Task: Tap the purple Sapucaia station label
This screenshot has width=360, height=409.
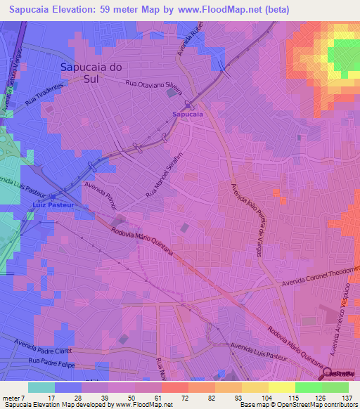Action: tap(188, 113)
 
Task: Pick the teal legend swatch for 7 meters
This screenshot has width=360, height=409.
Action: tap(41, 387)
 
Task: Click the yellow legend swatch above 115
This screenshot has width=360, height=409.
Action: tap(282, 387)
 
